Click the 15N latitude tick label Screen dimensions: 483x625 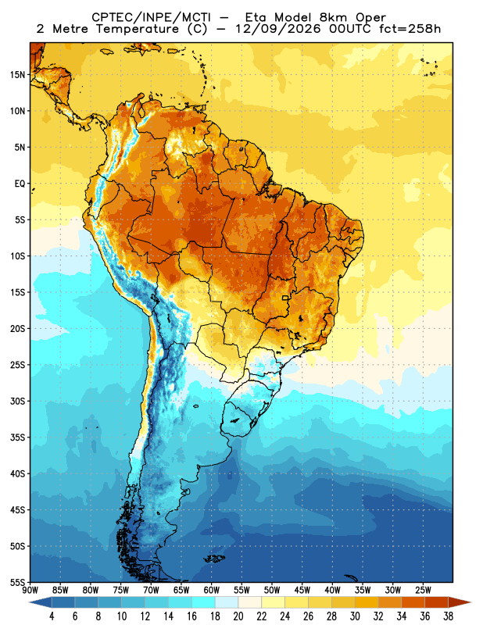[x=17, y=74]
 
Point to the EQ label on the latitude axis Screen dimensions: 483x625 [x=20, y=184]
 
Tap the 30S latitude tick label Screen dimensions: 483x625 [x=17, y=401]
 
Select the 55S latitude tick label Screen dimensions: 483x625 [x=17, y=582]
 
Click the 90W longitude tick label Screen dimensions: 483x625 [x=30, y=591]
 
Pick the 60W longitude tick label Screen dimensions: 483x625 [x=211, y=591]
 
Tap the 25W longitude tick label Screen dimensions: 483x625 [x=423, y=591]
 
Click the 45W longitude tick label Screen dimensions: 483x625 [x=302, y=591]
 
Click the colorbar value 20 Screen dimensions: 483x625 [x=238, y=616]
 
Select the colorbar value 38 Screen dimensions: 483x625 [x=448, y=616]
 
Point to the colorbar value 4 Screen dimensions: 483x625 [x=52, y=616]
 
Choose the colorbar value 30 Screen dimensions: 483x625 [x=355, y=616]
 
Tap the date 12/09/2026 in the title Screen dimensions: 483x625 [x=277, y=29]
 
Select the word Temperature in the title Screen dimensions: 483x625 [x=138, y=29]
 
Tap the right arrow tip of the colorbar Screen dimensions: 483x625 [x=470, y=602]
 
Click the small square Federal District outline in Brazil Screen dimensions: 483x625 [x=285, y=298]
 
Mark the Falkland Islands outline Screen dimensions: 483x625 [x=215, y=559]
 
